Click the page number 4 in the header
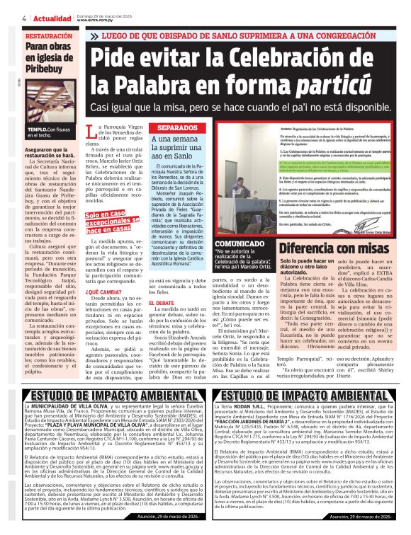click(24, 18)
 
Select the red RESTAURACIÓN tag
click(49, 35)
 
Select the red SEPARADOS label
click(173, 128)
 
